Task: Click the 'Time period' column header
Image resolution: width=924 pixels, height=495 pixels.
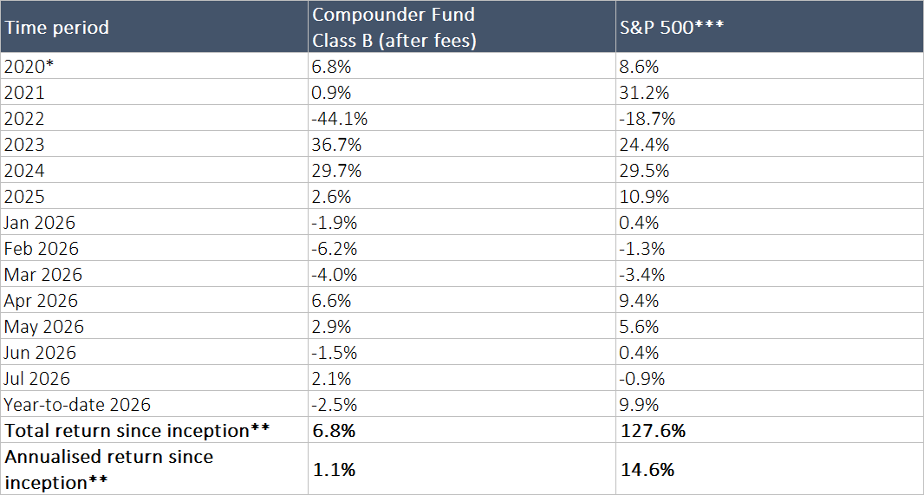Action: [56, 27]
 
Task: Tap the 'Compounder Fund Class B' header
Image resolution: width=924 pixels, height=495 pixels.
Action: [394, 27]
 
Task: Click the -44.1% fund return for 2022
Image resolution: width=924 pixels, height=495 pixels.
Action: [340, 119]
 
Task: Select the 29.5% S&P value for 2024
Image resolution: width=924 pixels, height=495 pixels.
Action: [645, 170]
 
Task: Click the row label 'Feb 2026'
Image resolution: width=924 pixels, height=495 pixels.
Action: [42, 248]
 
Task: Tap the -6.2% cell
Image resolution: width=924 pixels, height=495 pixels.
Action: [335, 248]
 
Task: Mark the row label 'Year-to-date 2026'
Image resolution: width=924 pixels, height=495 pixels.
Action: [77, 404]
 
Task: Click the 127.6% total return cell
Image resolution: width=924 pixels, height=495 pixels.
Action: [653, 430]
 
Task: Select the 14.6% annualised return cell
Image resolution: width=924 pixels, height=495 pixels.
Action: [647, 470]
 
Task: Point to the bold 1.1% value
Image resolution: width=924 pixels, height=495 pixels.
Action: [334, 470]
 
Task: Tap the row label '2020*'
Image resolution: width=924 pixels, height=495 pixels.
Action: [28, 67]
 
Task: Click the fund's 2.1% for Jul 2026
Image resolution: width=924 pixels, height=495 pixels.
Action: [331, 378]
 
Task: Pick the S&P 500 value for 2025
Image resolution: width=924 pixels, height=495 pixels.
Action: [645, 196]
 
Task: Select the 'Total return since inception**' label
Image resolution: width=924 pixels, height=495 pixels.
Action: [137, 430]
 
